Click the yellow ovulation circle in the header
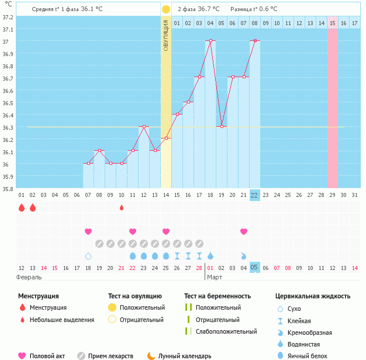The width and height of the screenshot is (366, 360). (166, 9)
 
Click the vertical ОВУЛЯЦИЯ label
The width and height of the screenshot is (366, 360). (166, 36)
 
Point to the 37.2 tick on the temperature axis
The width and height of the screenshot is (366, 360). (8, 17)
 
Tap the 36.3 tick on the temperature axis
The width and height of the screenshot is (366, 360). (8, 127)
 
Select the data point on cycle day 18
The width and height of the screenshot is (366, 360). (210, 41)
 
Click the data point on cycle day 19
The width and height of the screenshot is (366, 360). (222, 126)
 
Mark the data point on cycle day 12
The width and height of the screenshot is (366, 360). (144, 126)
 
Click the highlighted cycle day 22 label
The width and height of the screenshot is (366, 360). (254, 195)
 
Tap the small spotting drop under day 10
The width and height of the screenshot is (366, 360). (122, 207)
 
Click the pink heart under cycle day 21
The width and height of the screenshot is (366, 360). (244, 232)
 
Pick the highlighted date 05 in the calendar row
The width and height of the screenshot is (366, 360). (254, 268)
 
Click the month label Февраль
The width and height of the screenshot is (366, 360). (29, 278)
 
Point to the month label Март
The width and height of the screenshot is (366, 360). (215, 278)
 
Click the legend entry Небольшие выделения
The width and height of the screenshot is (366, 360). (61, 320)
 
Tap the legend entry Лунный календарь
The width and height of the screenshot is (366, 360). (185, 356)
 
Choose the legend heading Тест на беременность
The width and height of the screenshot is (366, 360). (217, 296)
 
